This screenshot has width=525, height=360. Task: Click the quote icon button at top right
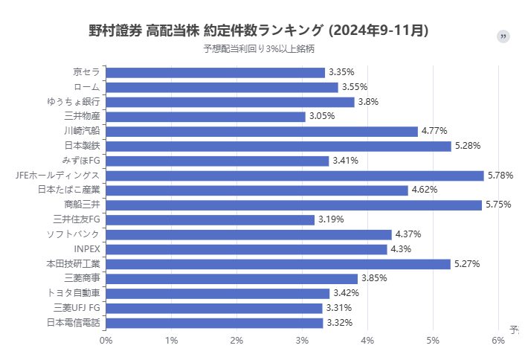tap(503, 36)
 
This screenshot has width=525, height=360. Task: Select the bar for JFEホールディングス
tap(294, 176)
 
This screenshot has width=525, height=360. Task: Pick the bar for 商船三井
tap(294, 205)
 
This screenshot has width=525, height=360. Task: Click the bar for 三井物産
tap(205, 117)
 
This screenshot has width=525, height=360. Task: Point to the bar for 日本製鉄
tap(278, 146)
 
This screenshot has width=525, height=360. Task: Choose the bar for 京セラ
tap(215, 72)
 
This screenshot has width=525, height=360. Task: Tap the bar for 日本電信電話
tap(214, 323)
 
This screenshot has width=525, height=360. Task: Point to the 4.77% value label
tap(434, 131)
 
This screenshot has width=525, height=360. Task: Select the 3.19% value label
tap(331, 219)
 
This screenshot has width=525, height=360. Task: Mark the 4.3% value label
tap(401, 249)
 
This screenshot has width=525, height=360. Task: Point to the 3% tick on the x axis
tap(302, 340)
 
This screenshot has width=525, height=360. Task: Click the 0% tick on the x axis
tap(106, 340)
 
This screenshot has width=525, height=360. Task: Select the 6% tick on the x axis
tap(498, 340)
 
